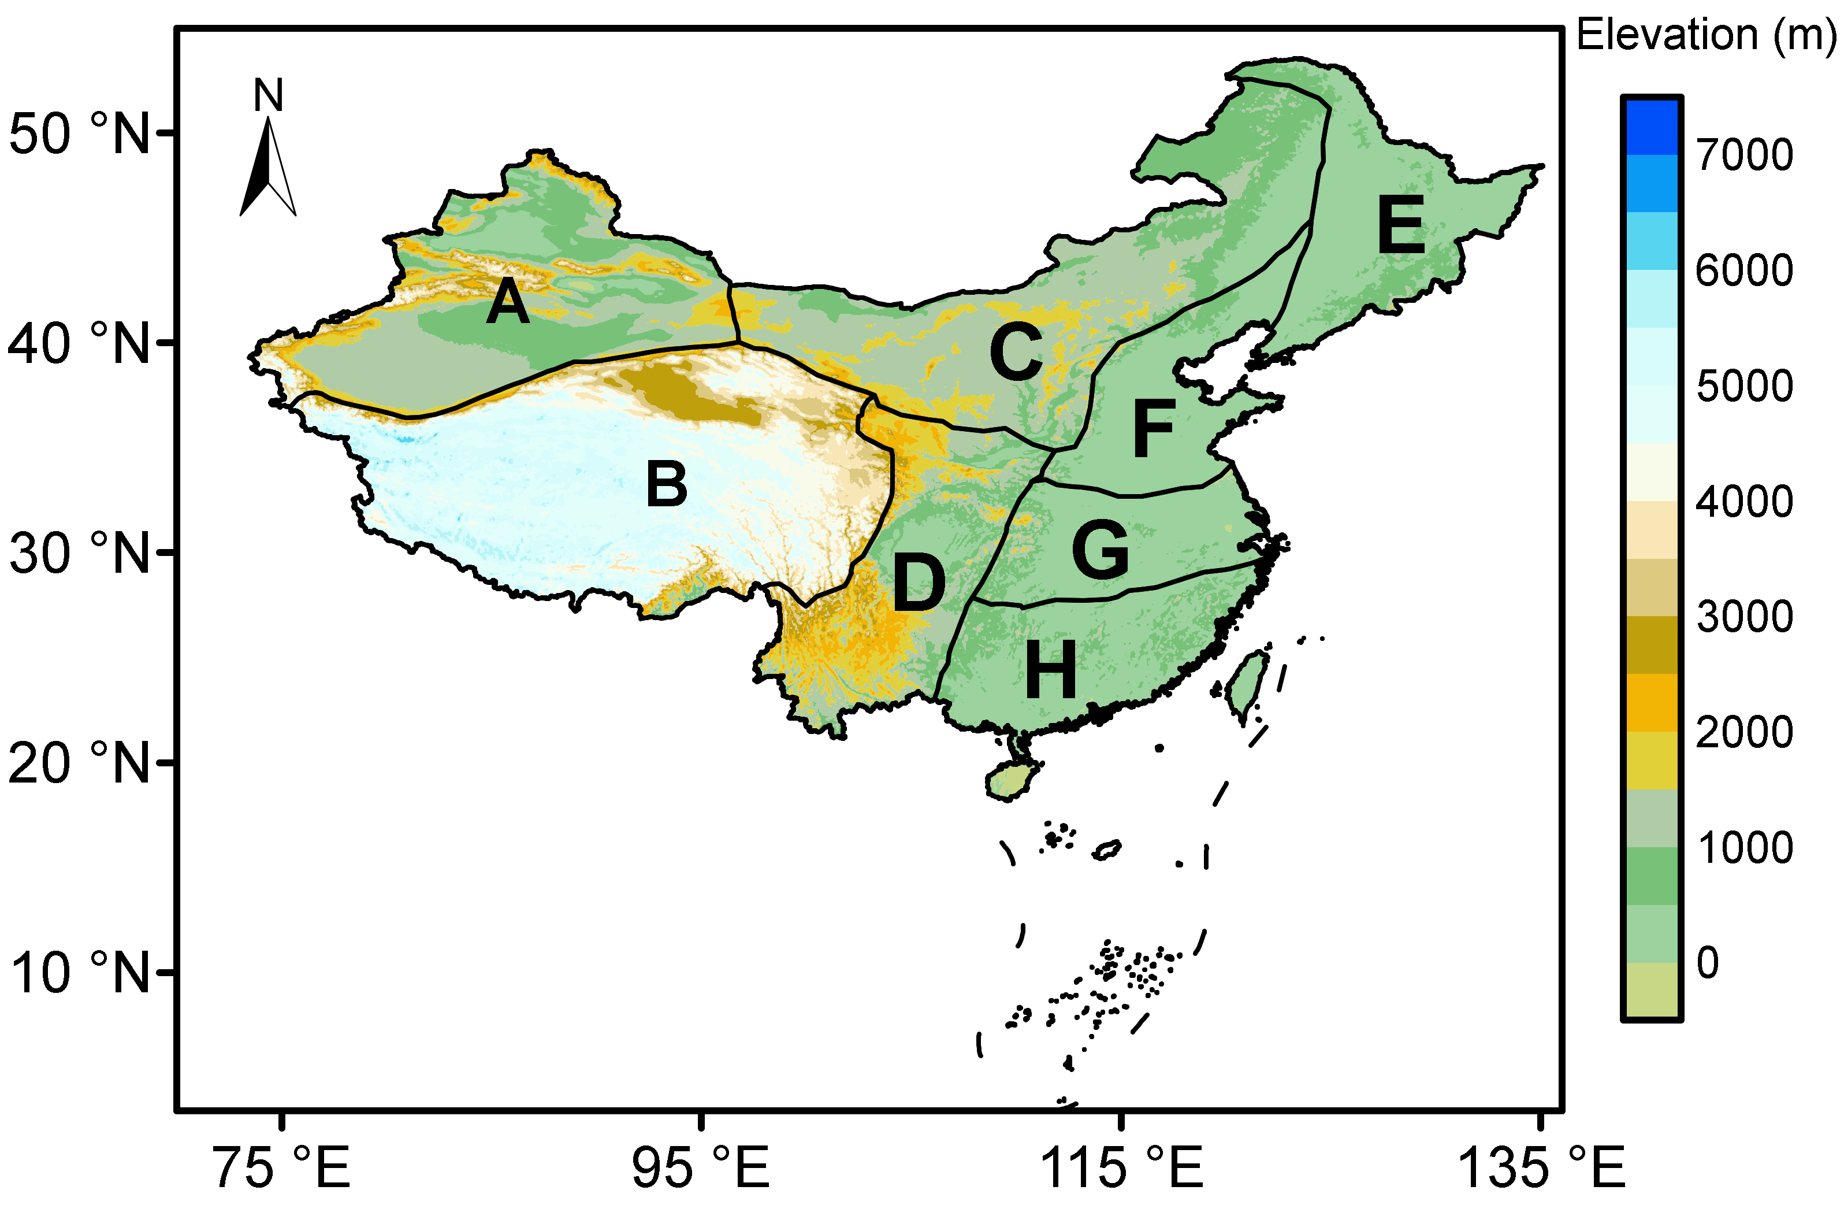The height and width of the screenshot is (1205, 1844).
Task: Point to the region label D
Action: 919,583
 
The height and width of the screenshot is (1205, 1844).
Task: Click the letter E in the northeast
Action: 1401,225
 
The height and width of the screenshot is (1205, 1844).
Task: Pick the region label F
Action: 1154,428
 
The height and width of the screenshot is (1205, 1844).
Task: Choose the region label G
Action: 1100,548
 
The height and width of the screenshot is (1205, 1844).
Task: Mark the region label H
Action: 1051,669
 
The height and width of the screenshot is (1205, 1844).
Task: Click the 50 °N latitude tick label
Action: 78,134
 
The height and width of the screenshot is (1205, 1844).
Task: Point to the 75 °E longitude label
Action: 283,1167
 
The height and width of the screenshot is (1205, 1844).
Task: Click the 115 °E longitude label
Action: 1121,1167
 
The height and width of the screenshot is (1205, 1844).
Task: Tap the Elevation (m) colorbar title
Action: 1705,35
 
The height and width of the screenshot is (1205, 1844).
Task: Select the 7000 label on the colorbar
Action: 1744,155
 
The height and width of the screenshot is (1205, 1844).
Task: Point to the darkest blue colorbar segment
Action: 1651,125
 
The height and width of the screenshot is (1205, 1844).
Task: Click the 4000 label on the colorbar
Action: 1744,502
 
